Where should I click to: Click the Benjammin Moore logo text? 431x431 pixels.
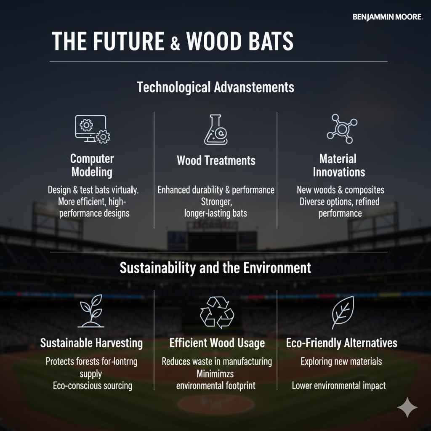pyautogui.click(x=387, y=17)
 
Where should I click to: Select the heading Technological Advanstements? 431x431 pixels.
pyautogui.click(x=215, y=88)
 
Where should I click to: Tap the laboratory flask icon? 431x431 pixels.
pyautogui.click(x=215, y=130)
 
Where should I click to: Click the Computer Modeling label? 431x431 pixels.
pyautogui.click(x=92, y=165)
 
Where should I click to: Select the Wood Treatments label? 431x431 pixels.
pyautogui.click(x=216, y=160)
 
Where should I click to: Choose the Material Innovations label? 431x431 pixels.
pyautogui.click(x=339, y=165)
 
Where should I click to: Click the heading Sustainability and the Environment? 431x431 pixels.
pyautogui.click(x=215, y=268)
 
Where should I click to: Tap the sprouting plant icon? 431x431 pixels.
pyautogui.click(x=92, y=311)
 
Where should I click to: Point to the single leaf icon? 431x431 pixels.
pyautogui.click(x=342, y=312)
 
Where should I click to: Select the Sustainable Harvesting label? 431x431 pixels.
pyautogui.click(x=92, y=343)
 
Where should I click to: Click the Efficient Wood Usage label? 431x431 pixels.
pyautogui.click(x=217, y=343)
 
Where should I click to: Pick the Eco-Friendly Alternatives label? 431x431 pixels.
pyautogui.click(x=341, y=343)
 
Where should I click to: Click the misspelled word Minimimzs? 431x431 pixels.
pyautogui.click(x=215, y=374)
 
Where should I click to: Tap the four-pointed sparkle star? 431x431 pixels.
pyautogui.click(x=407, y=407)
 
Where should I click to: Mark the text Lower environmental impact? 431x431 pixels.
pyautogui.click(x=339, y=386)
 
